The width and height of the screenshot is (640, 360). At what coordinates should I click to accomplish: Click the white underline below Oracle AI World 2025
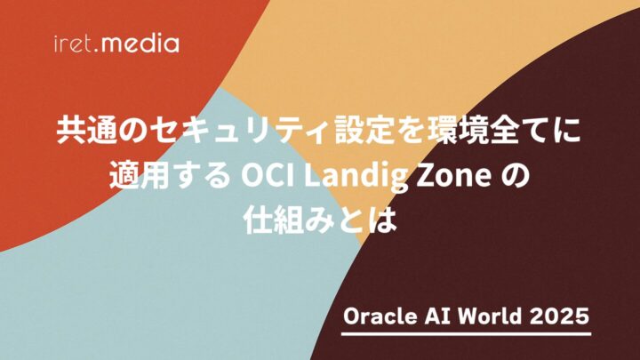[x=467, y=334]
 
